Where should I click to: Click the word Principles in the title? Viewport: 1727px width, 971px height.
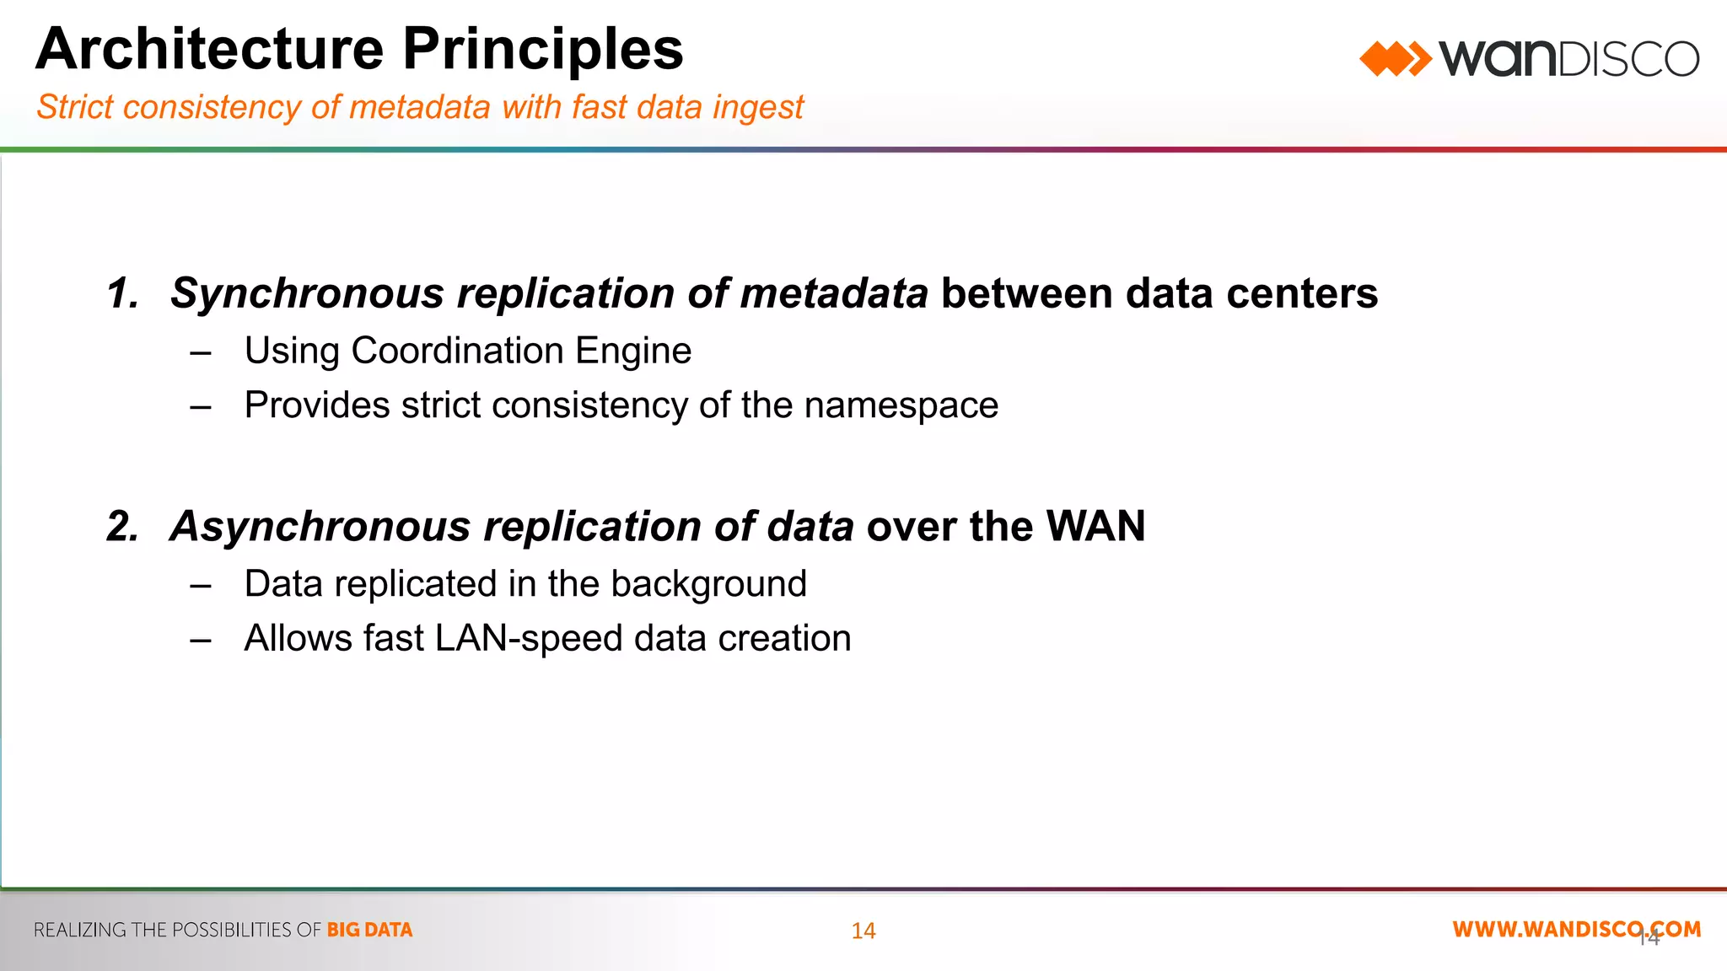[542, 49]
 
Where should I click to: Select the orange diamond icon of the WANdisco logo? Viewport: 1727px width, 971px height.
[1395, 59]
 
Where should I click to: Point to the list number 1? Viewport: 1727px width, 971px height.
[123, 294]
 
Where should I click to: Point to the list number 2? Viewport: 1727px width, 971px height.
[123, 527]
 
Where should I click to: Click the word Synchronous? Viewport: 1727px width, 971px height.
[307, 294]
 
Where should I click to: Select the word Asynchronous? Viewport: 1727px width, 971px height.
[320, 527]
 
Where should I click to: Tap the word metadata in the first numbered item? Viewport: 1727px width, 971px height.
[834, 294]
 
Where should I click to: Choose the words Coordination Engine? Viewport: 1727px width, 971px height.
[521, 351]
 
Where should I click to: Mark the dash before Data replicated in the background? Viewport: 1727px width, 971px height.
[201, 585]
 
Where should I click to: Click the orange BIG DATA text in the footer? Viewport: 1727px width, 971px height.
[369, 930]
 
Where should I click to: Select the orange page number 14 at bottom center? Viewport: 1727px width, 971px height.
[863, 931]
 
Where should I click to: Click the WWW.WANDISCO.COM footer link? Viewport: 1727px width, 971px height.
[1576, 929]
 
